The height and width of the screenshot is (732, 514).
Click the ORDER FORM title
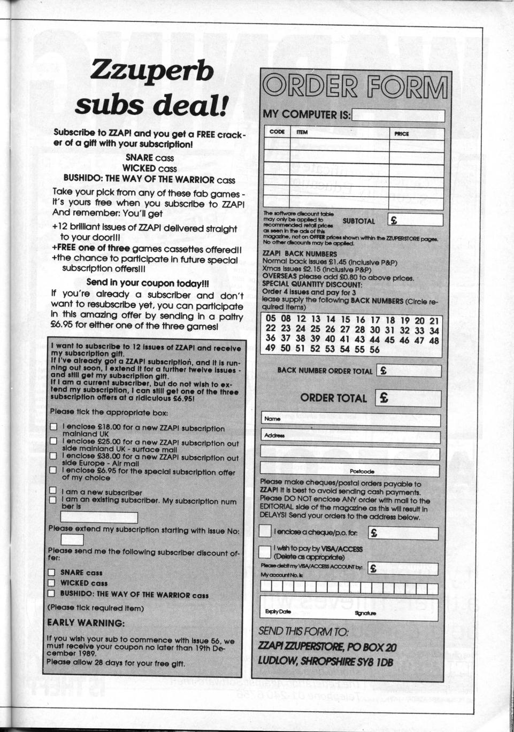pos(355,86)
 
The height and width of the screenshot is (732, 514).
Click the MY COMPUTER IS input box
pos(398,115)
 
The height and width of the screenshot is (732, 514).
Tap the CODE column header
pos(277,132)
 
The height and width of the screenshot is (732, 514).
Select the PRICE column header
pos(402,134)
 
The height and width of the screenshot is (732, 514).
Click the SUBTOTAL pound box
pos(416,220)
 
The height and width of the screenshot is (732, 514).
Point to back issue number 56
pos(374,349)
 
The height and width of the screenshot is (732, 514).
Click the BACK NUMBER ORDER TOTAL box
pos(409,371)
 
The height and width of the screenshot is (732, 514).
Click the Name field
pos(351,419)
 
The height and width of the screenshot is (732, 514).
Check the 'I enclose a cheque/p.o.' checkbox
pos(265,531)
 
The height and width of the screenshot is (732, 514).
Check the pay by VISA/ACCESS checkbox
pos(265,551)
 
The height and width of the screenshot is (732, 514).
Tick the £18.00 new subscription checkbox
pos(53,427)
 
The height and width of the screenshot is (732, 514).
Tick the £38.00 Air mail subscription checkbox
pos(53,456)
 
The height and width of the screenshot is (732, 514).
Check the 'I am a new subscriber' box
pos(53,490)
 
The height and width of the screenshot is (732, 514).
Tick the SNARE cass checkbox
pos(51,572)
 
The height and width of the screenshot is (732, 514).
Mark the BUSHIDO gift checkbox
pos(51,594)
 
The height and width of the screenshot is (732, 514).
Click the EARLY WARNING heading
pos(86,623)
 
